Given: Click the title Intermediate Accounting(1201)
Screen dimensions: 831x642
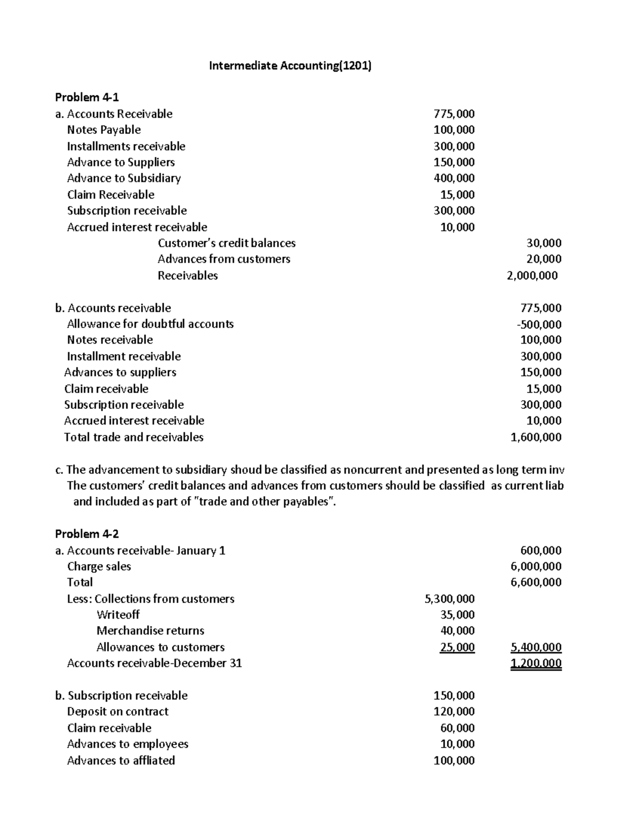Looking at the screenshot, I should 290,66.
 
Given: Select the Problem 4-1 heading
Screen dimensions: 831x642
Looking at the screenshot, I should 87,97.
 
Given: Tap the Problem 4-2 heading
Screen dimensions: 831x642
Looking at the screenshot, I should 87,534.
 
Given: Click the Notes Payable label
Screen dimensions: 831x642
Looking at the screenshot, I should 104,130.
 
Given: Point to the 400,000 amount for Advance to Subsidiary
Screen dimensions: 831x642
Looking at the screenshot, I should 454,178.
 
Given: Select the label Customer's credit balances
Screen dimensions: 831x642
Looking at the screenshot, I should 226,243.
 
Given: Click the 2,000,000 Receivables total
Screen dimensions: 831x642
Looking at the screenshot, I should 532,276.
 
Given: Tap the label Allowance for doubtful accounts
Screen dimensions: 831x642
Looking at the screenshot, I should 150,324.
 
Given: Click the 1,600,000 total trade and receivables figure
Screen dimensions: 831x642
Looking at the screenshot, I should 536,437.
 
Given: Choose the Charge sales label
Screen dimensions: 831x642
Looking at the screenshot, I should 99,567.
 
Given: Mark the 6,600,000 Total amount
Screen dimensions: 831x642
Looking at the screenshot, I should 536,582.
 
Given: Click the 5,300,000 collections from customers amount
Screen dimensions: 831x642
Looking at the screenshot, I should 449,599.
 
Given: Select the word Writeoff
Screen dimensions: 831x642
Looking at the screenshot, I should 118,615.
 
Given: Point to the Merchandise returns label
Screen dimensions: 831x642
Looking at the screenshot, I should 150,631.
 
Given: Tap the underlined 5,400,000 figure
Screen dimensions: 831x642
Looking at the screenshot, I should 536,647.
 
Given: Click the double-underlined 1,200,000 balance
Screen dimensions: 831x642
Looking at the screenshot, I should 536,664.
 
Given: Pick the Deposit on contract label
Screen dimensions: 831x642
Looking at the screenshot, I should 118,712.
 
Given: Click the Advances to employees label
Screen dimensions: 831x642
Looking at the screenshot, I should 127,744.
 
